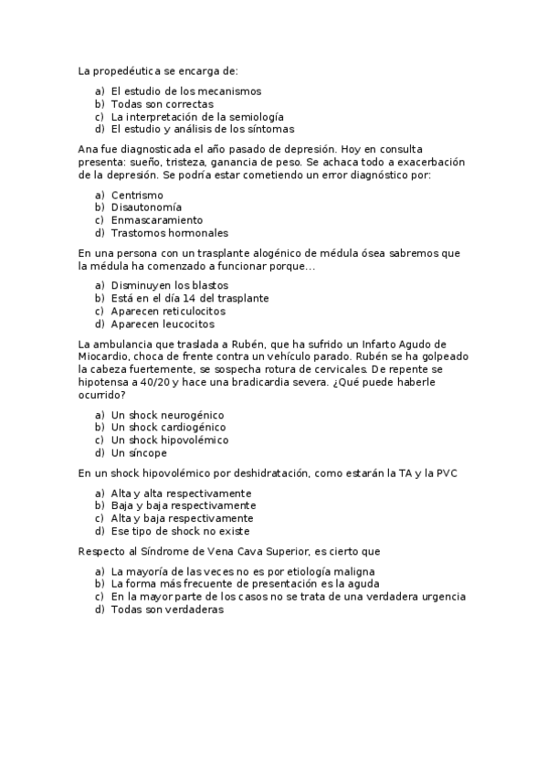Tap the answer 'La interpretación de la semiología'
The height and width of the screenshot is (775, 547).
197,117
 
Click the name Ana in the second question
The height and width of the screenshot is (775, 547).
89,149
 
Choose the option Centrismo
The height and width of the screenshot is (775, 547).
137,195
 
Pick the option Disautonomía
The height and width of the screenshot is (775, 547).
145,207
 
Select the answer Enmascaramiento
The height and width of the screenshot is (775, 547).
156,220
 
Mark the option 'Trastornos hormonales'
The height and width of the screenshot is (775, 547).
169,233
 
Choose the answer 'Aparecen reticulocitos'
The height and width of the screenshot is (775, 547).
168,311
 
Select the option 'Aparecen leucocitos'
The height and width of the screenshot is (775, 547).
163,324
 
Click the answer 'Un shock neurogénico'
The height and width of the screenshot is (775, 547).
167,415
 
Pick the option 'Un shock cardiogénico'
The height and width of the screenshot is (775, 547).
169,428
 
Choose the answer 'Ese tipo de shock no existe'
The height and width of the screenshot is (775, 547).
180,531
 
